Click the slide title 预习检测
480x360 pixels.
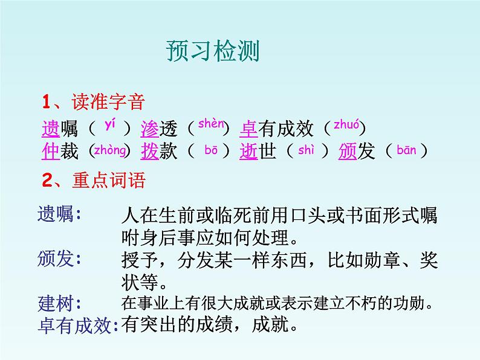[212, 51]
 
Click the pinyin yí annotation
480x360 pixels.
[109, 125]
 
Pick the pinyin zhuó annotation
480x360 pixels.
[346, 126]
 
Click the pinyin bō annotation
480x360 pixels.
[211, 150]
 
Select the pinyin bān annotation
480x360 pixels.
[407, 150]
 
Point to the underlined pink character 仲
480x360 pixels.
[51, 151]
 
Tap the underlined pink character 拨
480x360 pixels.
[149, 151]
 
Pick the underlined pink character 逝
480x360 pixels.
[248, 151]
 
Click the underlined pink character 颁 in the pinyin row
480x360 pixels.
[348, 151]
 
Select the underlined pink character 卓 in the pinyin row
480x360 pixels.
[248, 128]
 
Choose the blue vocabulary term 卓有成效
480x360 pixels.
[76, 326]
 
